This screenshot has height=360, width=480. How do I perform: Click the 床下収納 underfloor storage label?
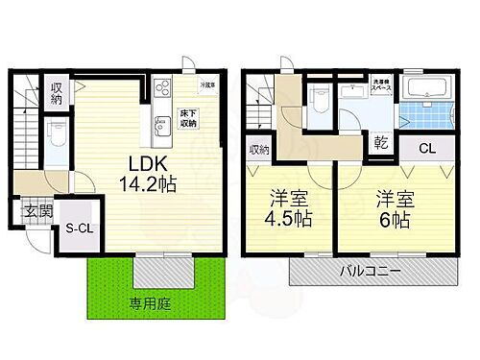[188, 118]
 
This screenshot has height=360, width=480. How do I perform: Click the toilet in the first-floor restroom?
[57, 132]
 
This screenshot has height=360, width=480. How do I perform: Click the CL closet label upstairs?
[428, 148]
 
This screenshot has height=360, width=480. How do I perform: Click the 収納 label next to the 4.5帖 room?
[257, 150]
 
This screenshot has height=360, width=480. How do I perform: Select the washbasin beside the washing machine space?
[354, 92]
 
